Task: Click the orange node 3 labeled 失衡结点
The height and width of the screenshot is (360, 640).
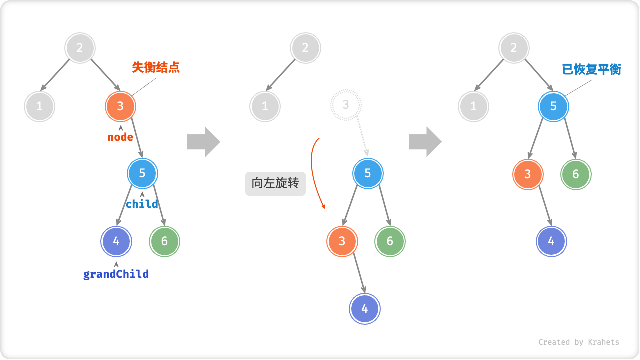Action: pos(120,106)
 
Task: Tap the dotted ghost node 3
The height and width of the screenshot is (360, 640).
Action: pos(345,105)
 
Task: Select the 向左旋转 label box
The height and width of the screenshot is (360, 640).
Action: pos(275,183)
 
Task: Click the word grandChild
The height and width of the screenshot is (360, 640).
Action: pos(116,274)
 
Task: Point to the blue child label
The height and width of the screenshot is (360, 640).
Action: pos(142,204)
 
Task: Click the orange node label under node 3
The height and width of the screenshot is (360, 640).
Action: pos(120,137)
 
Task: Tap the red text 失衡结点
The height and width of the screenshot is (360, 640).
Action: pos(156,68)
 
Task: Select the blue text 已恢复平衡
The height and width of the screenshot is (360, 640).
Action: pos(591,69)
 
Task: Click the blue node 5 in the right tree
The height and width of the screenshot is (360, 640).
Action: pos(553,106)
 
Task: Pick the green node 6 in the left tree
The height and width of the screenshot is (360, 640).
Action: pos(164,241)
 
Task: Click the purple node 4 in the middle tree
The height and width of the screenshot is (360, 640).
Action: pos(365,309)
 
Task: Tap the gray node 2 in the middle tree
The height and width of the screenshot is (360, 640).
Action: pos(305,48)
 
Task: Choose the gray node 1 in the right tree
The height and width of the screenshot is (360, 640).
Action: pos(473,106)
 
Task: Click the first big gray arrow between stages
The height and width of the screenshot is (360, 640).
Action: pos(204,142)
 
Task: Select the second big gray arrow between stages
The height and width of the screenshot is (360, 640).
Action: pos(425,142)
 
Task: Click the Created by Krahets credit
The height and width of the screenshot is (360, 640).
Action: pos(578,342)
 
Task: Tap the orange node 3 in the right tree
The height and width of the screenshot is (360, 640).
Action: pos(528,174)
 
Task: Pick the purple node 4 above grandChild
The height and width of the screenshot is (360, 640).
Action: pos(116,241)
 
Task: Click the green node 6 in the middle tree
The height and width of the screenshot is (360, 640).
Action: pos(390,241)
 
